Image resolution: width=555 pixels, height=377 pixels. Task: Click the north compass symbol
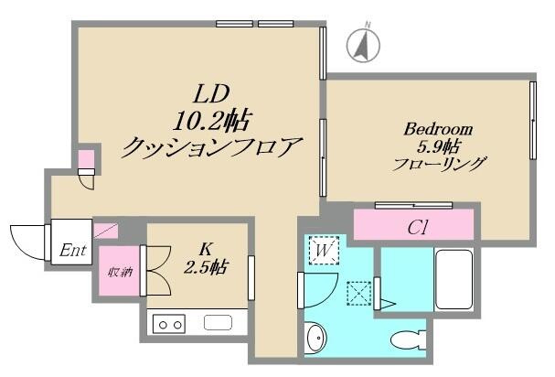(x=365, y=44)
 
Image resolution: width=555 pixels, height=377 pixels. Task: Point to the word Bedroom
(x=438, y=129)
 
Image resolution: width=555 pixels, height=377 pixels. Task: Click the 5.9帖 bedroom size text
(x=438, y=147)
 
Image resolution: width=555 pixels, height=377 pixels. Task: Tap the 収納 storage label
(x=118, y=271)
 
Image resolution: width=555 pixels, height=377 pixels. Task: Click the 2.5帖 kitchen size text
(x=208, y=268)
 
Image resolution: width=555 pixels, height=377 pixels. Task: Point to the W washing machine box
(x=324, y=249)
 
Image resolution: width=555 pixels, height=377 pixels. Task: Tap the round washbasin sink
(x=315, y=338)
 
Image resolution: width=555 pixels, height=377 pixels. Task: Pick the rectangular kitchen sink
(x=220, y=323)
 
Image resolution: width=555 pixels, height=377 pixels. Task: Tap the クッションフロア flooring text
(x=212, y=146)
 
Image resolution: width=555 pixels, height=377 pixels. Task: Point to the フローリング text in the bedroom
(x=439, y=166)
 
